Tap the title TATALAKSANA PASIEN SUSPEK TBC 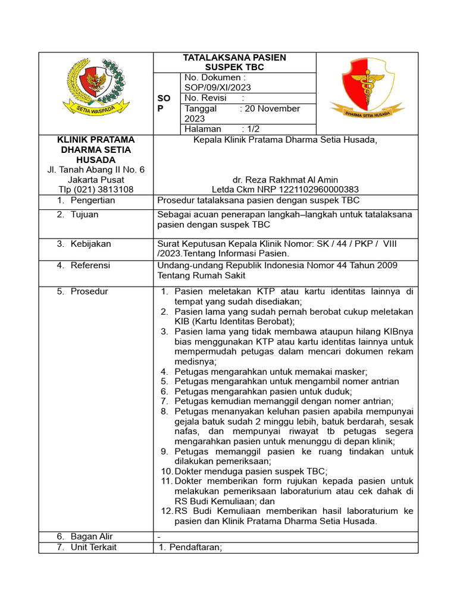(x=234, y=62)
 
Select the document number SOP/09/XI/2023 (x=218, y=87)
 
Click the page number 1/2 (x=251, y=129)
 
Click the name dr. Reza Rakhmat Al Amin (x=286, y=180)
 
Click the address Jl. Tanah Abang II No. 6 (x=96, y=170)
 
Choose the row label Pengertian (x=93, y=200)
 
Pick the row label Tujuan (x=84, y=215)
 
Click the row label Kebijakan (x=90, y=244)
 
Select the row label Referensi (x=90, y=265)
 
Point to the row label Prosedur (x=89, y=291)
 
